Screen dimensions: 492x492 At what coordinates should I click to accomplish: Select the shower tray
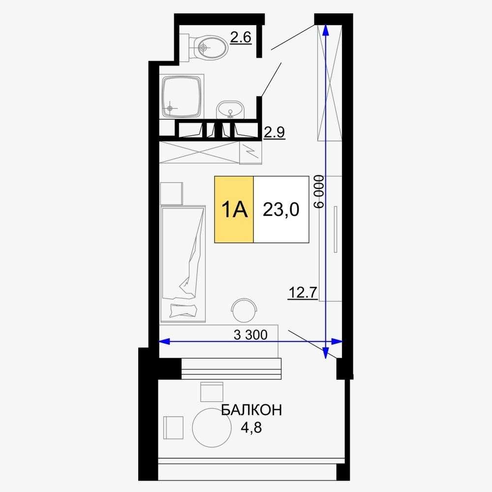point(182,96)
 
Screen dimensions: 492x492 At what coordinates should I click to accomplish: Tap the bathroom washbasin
point(230,110)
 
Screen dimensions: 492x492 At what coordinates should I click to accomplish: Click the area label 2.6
point(241,38)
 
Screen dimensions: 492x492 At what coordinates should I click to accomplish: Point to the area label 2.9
point(274,132)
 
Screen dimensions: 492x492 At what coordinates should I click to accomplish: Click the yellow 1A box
point(234,209)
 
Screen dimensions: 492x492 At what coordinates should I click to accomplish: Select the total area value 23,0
point(281,210)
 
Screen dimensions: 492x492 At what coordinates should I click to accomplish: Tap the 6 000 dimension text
point(319,191)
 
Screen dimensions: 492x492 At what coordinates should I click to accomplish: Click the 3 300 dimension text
point(251,335)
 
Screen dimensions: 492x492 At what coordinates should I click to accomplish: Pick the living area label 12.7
point(303,293)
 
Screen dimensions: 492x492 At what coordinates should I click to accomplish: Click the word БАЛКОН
point(251,410)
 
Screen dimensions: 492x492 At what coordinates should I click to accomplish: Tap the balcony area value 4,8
point(251,428)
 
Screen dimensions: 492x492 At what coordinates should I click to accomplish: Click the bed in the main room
point(183,264)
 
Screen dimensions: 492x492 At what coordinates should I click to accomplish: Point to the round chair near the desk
point(244,310)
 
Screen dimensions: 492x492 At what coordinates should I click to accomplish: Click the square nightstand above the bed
point(171,193)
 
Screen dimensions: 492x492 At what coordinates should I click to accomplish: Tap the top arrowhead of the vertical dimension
point(325,30)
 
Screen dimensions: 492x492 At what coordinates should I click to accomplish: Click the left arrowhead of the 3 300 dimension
point(165,341)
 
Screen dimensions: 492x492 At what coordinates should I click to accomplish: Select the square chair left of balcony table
point(173,428)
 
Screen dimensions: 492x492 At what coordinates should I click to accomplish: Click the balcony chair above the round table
point(212,392)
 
